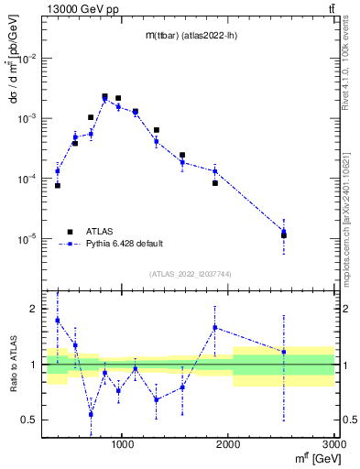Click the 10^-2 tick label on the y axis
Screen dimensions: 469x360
pyautogui.click(x=28, y=59)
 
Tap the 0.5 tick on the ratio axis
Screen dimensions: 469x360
pyautogui.click(x=30, y=420)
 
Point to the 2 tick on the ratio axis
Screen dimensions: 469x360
pyautogui.click(x=35, y=309)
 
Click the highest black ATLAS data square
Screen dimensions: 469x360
pyautogui.click(x=104, y=96)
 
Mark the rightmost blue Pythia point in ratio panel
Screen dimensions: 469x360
pyautogui.click(x=284, y=352)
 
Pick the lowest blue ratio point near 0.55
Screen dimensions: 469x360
pyautogui.click(x=91, y=414)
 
